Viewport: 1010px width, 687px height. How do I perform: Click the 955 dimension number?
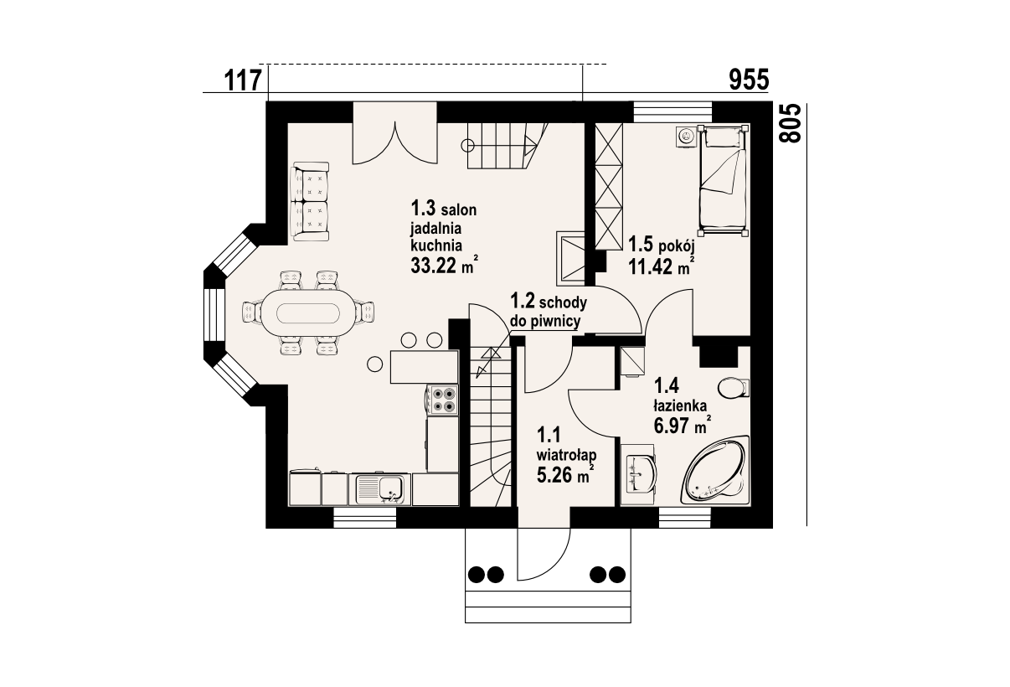749,80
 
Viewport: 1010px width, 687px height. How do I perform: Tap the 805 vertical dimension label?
791,124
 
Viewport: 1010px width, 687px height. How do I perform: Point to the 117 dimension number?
243,80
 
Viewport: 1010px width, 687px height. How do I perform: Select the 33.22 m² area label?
444,266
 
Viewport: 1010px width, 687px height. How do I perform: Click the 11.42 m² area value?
662,266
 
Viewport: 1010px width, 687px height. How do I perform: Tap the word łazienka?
680,406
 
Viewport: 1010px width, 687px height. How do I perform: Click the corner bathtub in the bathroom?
716,469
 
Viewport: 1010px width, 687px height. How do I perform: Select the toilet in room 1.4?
734,388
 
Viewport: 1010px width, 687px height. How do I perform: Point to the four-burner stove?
443,400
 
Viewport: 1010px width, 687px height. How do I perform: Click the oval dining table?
308,313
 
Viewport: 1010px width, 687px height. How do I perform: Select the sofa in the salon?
310,201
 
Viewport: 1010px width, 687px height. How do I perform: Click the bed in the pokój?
723,180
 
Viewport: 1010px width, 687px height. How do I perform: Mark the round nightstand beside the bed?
687,137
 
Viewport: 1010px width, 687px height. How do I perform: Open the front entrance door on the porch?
544,555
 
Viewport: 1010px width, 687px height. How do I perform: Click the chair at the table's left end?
251,313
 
